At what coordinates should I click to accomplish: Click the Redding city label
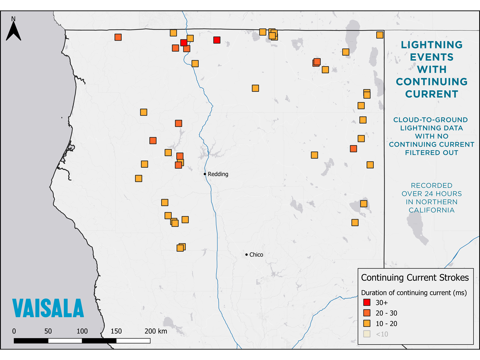(x=218, y=174)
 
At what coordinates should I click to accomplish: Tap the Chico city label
(x=256, y=255)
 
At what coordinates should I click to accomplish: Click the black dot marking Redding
(x=205, y=174)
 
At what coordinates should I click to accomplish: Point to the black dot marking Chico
(x=246, y=255)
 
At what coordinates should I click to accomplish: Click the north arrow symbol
(x=13, y=29)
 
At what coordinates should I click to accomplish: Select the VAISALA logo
(x=48, y=308)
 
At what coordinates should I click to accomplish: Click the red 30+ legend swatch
(x=367, y=302)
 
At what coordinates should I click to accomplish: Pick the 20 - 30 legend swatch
(x=367, y=313)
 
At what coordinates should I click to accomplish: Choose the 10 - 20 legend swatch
(x=367, y=323)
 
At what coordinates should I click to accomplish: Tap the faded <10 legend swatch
(x=367, y=334)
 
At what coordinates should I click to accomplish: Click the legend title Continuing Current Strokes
(x=415, y=277)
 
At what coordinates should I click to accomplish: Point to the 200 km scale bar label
(x=156, y=331)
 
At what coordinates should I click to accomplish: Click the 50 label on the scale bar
(x=48, y=331)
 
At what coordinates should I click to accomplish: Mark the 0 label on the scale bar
(x=14, y=331)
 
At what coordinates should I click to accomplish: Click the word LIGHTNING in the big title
(x=432, y=45)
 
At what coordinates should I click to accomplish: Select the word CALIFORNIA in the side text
(x=432, y=210)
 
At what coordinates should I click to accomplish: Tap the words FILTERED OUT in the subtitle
(x=432, y=153)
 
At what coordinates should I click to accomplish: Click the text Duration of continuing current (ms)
(x=414, y=292)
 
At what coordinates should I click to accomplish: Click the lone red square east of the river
(x=217, y=40)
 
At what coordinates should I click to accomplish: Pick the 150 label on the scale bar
(x=116, y=331)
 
